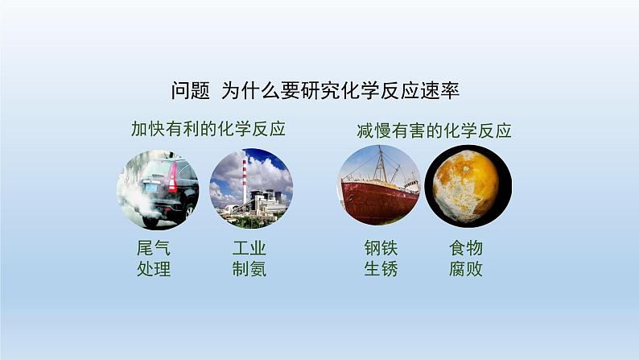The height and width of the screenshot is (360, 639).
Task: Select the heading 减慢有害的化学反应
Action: tap(434, 130)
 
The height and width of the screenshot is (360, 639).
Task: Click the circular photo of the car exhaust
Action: tap(158, 188)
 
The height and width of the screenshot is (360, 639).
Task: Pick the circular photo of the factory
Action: tap(250, 188)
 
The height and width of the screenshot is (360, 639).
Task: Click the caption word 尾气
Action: tap(154, 248)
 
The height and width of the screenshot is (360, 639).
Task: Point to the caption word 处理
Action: tap(154, 269)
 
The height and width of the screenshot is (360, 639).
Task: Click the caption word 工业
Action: tap(249, 248)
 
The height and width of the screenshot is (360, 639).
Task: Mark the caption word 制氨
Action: tap(249, 269)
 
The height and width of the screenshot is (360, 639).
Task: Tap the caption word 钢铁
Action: tap(380, 248)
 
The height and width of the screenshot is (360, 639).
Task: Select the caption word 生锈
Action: tap(380, 269)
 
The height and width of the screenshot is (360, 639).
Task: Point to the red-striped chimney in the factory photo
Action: tap(245, 179)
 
